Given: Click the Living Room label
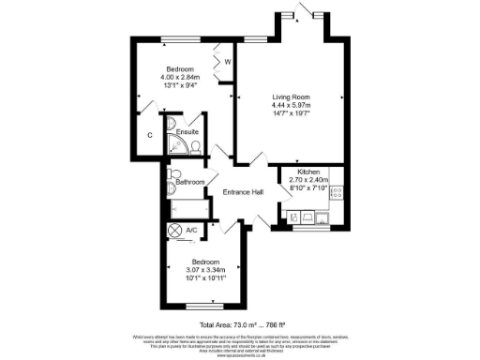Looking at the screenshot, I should (292, 97).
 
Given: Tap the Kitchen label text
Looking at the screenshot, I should (309, 172).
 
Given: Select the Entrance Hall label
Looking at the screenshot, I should (242, 192).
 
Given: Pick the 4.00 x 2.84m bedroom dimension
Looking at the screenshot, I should (179, 79).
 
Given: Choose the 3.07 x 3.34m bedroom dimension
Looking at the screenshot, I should (204, 271).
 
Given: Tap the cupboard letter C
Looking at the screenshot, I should (150, 135).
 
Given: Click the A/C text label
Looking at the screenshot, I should (191, 230).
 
